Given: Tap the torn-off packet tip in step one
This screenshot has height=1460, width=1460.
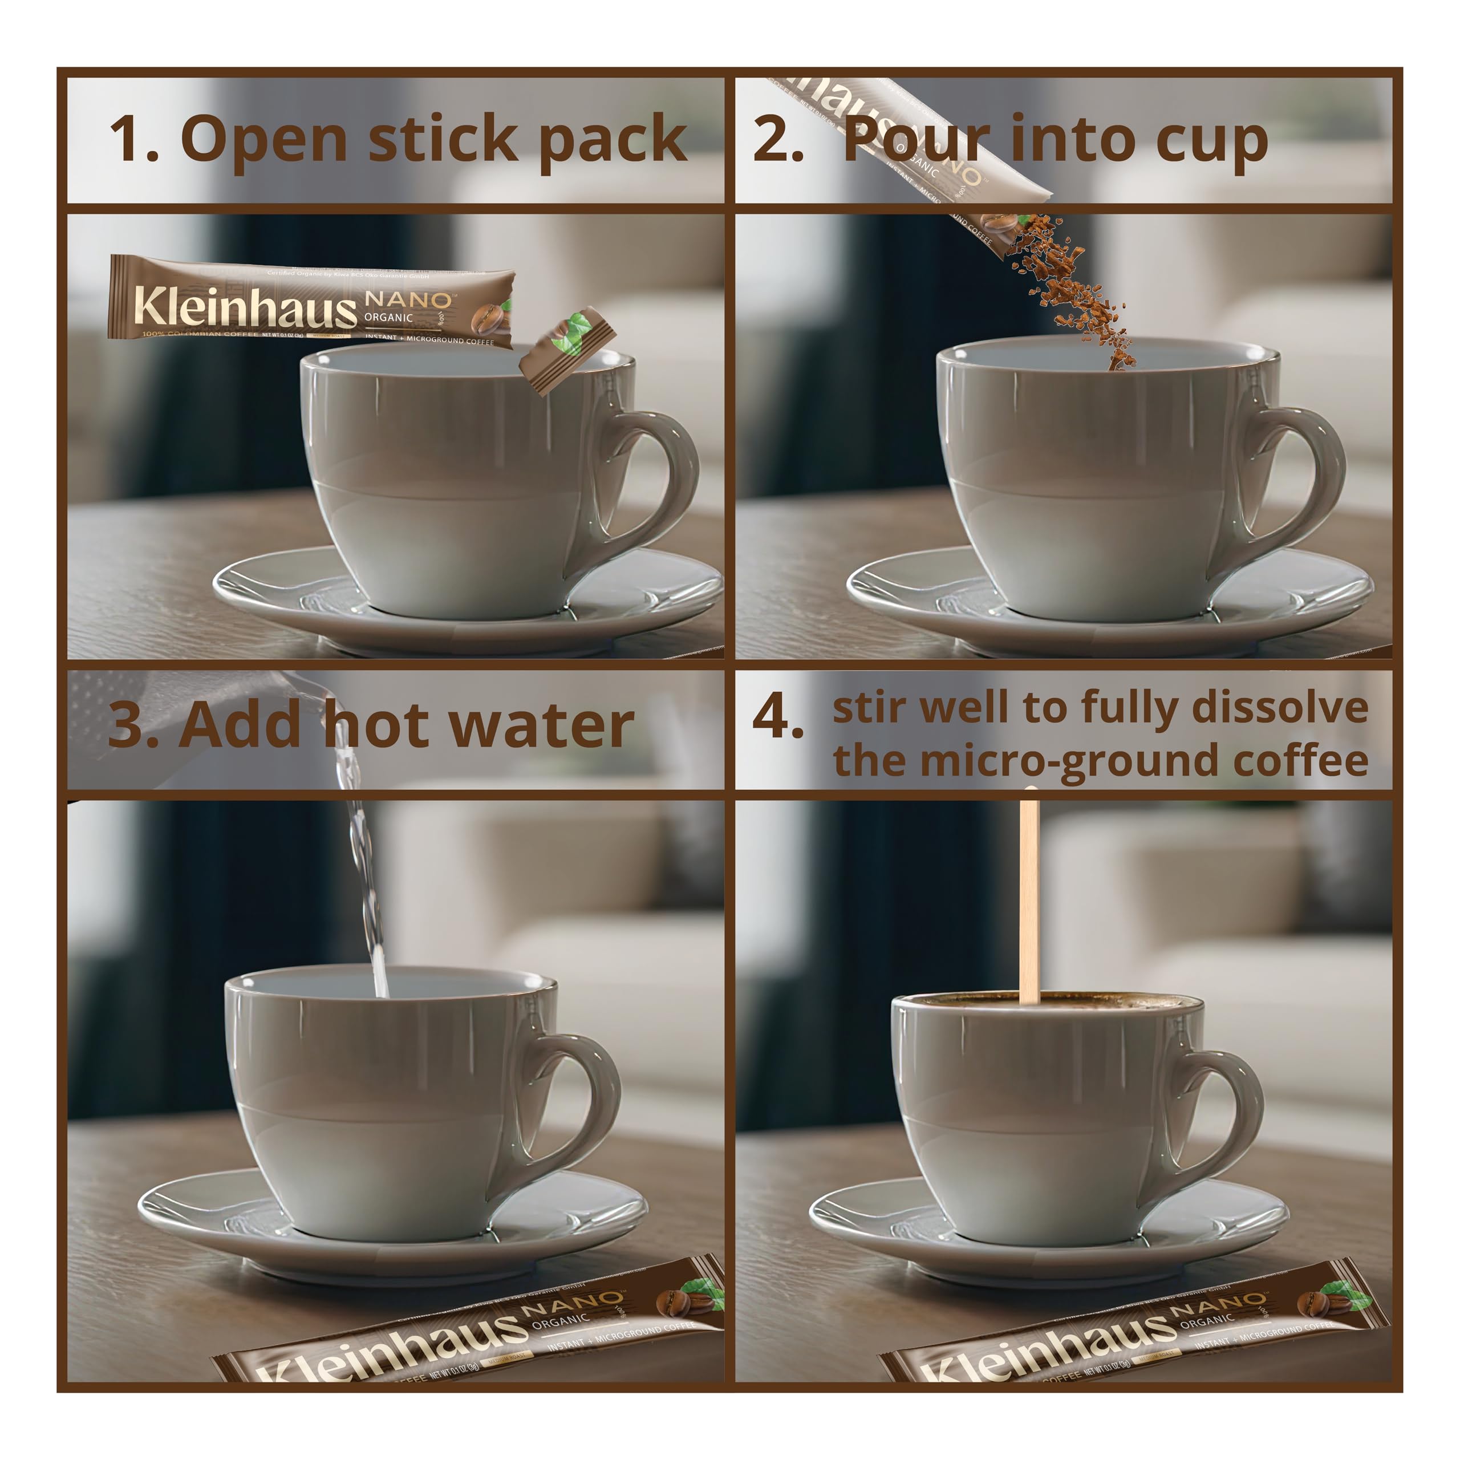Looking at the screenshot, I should click(x=567, y=351).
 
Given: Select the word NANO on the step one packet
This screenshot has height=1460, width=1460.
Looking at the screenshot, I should click(x=408, y=300).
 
